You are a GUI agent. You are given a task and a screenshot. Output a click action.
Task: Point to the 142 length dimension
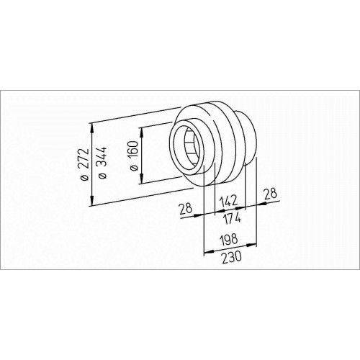click(x=229, y=201)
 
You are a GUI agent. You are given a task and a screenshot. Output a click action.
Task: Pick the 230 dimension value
click(x=231, y=258)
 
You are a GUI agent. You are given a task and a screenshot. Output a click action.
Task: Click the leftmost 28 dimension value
click(x=186, y=209)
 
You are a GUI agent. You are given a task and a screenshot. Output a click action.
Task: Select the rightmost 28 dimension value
click(x=270, y=194)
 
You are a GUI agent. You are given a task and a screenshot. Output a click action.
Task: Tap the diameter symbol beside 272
click(x=85, y=178)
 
